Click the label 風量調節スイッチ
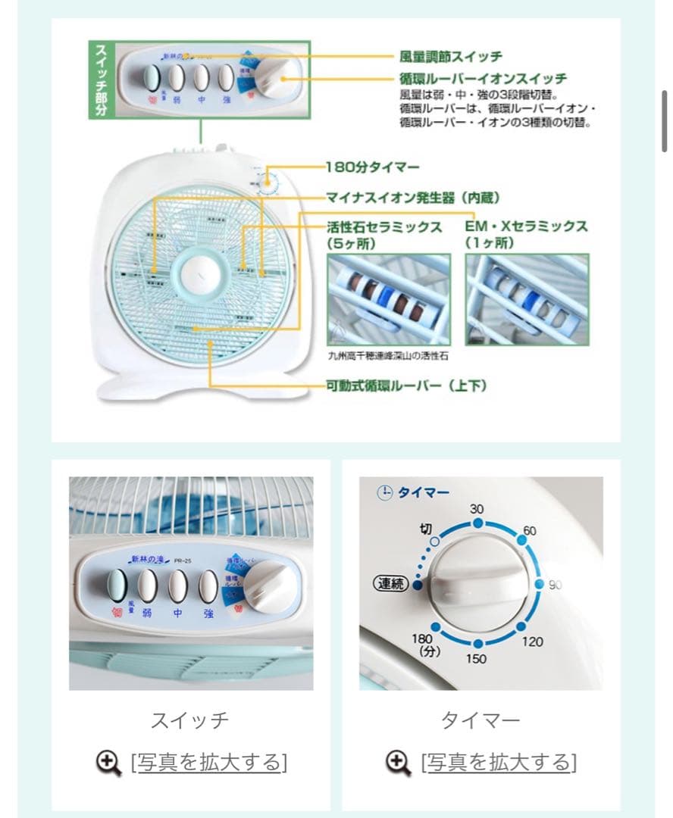pyautogui.click(x=450, y=57)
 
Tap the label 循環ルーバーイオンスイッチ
pyautogui.click(x=483, y=79)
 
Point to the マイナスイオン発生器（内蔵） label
pyautogui.click(x=413, y=198)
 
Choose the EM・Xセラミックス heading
pyautogui.click(x=526, y=226)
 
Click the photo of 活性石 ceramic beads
pyautogui.click(x=388, y=299)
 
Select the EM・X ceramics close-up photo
pyautogui.click(x=527, y=299)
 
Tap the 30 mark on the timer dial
pyautogui.click(x=477, y=510)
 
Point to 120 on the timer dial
pyautogui.click(x=532, y=642)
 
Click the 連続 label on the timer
pyautogui.click(x=390, y=584)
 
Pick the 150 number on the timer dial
pyautogui.click(x=476, y=659)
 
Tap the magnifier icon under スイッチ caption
pyautogui.click(x=108, y=762)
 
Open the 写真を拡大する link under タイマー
pyautogui.click(x=499, y=762)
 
